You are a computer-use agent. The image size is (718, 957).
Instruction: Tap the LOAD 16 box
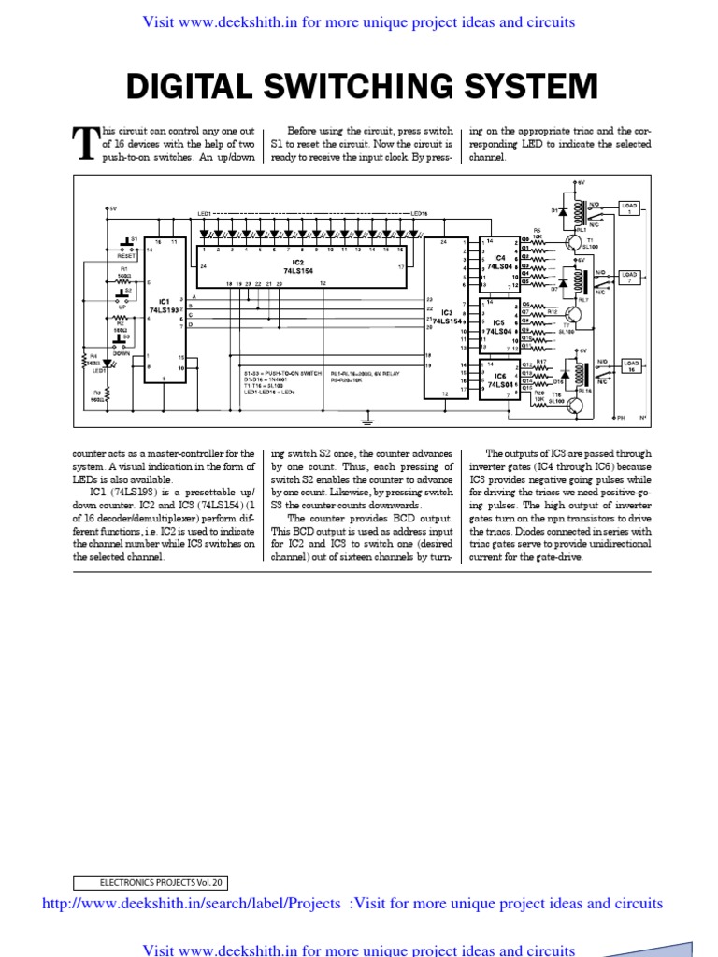coord(632,364)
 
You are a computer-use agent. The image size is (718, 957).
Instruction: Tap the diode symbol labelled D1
coord(562,210)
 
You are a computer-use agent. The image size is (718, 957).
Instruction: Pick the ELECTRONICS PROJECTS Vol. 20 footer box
coord(151,881)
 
